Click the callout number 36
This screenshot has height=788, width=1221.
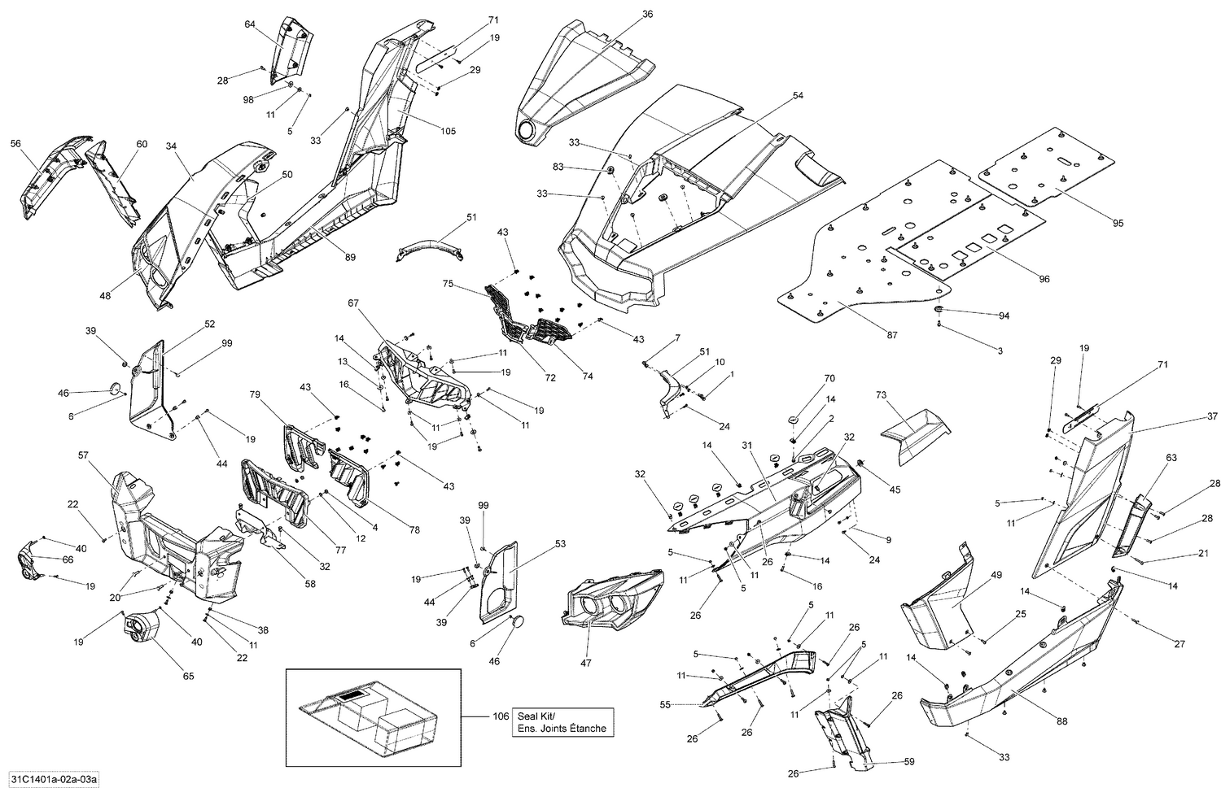[647, 14]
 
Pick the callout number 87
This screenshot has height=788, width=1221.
[892, 335]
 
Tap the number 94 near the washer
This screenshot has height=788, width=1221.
[1003, 316]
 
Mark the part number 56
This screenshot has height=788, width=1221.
[15, 143]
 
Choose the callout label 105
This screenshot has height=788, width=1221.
[448, 131]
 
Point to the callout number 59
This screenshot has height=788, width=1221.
[909, 762]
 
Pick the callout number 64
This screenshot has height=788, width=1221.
[250, 24]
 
